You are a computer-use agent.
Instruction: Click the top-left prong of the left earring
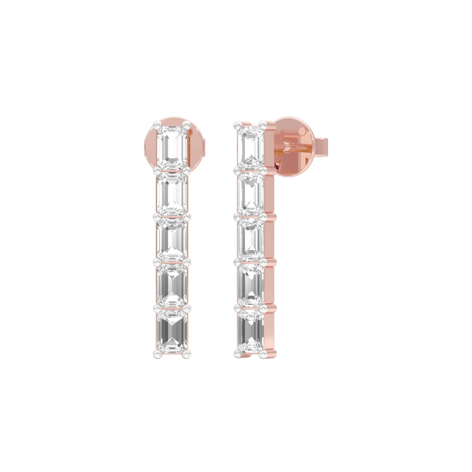click(x=156, y=124)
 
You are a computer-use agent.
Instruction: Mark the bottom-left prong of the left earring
click(x=156, y=353)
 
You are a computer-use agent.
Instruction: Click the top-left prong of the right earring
click(x=237, y=124)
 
